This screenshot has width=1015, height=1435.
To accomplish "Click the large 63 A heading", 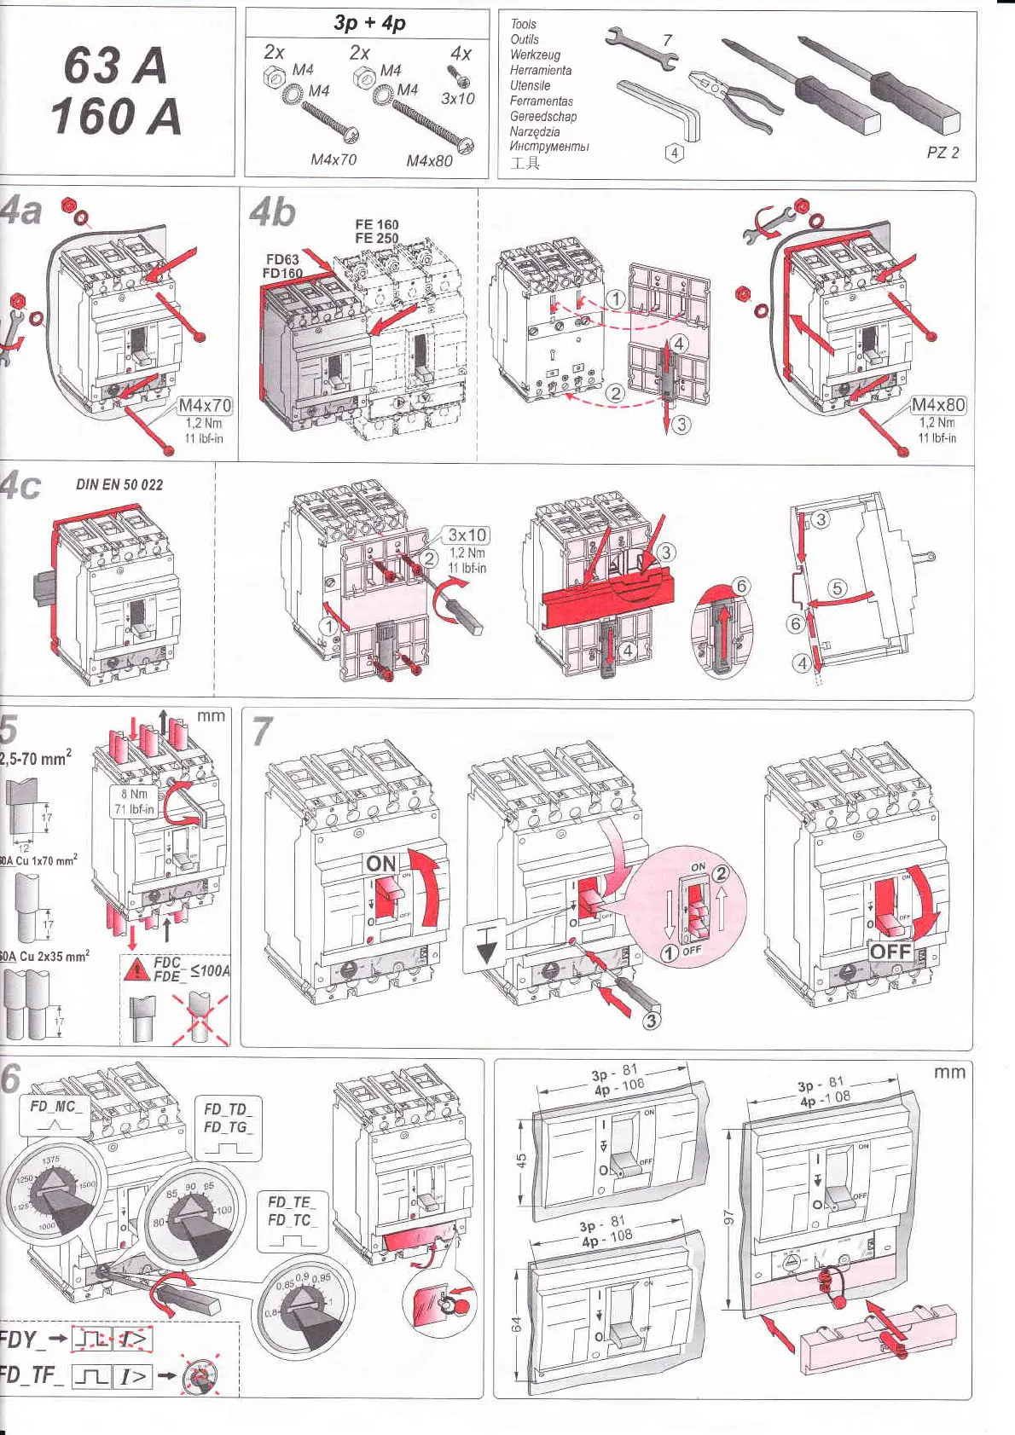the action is (x=115, y=66).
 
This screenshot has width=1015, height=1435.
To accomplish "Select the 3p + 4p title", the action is (x=369, y=23).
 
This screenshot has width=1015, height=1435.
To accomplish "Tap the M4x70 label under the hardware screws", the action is (x=333, y=159).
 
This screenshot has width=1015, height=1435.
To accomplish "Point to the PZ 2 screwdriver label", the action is (x=942, y=153).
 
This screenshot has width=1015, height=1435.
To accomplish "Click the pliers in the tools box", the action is (x=734, y=95).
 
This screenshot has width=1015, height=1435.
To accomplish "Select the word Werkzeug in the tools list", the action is (x=535, y=55).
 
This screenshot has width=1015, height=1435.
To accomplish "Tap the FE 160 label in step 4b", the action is (x=376, y=224).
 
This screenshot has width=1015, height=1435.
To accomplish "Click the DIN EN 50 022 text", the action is (x=119, y=484).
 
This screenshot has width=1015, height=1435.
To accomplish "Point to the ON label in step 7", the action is (x=381, y=864).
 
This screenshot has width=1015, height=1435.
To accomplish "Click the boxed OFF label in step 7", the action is (x=890, y=952).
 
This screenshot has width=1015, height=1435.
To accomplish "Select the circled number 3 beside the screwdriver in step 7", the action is (x=651, y=1020).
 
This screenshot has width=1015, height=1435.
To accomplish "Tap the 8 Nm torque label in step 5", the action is (x=134, y=794).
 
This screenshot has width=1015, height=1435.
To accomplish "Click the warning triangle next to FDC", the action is (x=136, y=969).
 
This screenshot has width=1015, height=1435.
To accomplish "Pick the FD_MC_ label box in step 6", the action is (x=55, y=1107).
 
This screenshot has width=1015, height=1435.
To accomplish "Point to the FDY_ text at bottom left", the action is (x=19, y=1339).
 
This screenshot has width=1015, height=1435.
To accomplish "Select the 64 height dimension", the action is (x=516, y=1324).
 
